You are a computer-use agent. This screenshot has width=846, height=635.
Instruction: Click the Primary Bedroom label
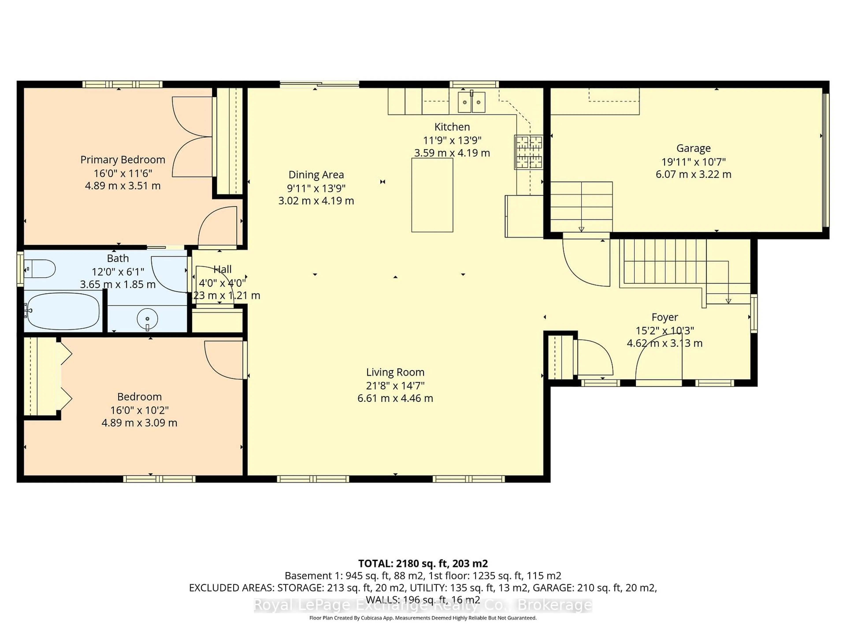pyautogui.click(x=122, y=160)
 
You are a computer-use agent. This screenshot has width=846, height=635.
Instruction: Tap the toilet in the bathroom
pyautogui.click(x=41, y=269)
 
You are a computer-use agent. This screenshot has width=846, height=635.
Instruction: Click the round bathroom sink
pyautogui.click(x=147, y=318)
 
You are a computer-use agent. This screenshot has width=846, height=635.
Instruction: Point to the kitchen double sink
pyautogui.click(x=471, y=102)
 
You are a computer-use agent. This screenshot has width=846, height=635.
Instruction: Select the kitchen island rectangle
pyautogui.click(x=432, y=195)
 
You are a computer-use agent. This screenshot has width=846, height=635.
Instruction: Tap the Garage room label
pyautogui.click(x=693, y=148)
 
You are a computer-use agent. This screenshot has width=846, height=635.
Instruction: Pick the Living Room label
pyautogui.click(x=395, y=372)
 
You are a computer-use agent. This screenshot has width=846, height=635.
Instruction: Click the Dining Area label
pyautogui.click(x=316, y=175)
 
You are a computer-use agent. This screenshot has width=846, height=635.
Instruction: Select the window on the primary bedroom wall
pyautogui.click(x=122, y=84)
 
